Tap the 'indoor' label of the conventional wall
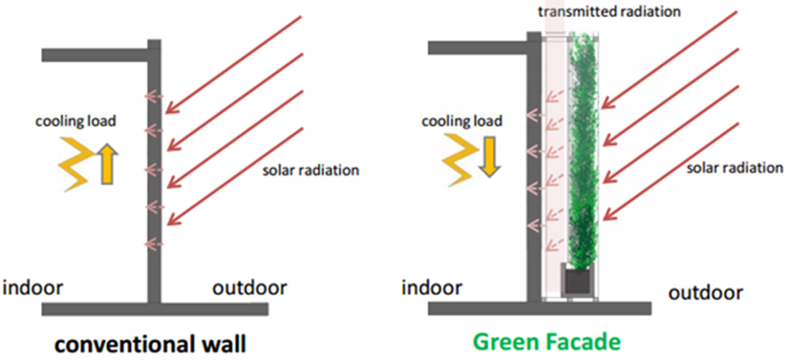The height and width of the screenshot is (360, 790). pyautogui.click(x=34, y=288)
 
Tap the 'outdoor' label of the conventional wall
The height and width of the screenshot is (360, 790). pyautogui.click(x=250, y=288)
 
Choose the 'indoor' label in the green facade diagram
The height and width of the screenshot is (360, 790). pyautogui.click(x=432, y=288)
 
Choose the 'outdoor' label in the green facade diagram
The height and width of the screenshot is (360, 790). pyautogui.click(x=706, y=292)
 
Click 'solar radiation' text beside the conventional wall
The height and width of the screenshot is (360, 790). pyautogui.click(x=311, y=170)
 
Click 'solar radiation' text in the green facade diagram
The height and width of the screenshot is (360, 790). pyautogui.click(x=735, y=168)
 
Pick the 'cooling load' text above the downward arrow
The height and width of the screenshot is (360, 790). pyautogui.click(x=461, y=121)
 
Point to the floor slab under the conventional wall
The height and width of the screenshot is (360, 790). pyautogui.click(x=155, y=309)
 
